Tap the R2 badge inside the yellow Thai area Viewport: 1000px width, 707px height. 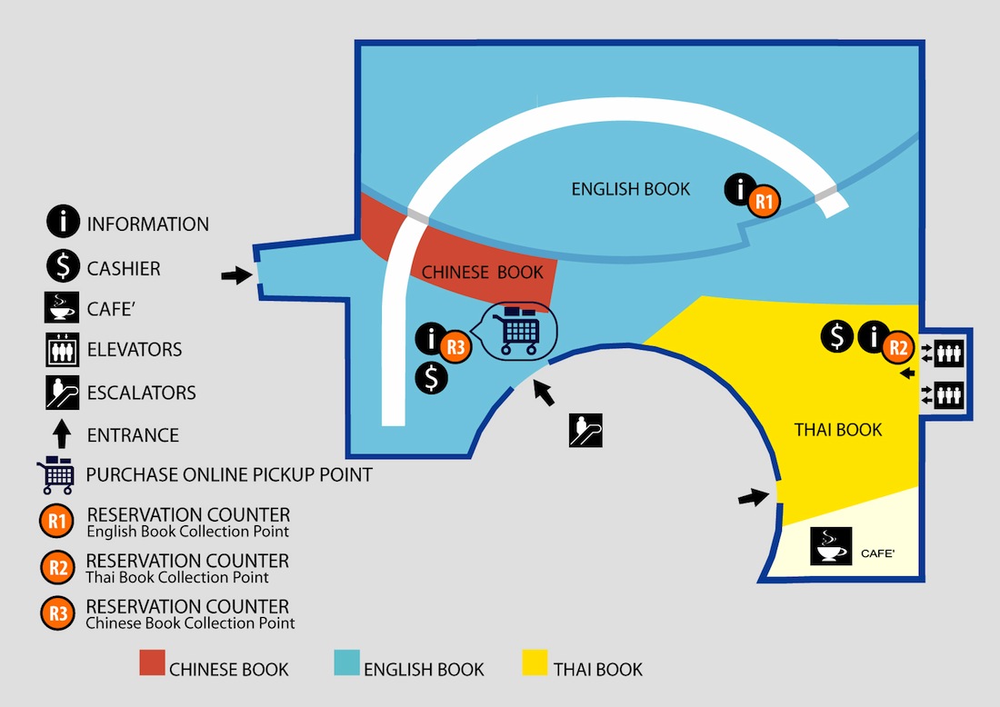pyautogui.click(x=897, y=346)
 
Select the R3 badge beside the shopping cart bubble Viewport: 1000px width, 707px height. pyautogui.click(x=455, y=346)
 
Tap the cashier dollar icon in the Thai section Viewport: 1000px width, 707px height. pyautogui.click(x=837, y=337)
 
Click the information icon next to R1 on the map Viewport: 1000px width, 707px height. pyautogui.click(x=740, y=190)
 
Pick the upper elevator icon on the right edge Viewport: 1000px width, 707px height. pyautogui.click(x=948, y=353)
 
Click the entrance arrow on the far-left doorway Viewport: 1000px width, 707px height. pyautogui.click(x=236, y=275)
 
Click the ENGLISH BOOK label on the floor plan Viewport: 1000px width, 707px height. pyautogui.click(x=631, y=189)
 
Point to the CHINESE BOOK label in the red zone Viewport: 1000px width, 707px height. pyautogui.click(x=483, y=272)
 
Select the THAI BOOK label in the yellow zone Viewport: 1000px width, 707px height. pyautogui.click(x=838, y=430)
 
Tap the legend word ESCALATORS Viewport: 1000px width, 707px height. pyautogui.click(x=142, y=393)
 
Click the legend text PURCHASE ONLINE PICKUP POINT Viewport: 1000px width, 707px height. pyautogui.click(x=229, y=474)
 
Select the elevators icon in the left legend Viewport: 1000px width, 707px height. pyautogui.click(x=62, y=350)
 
